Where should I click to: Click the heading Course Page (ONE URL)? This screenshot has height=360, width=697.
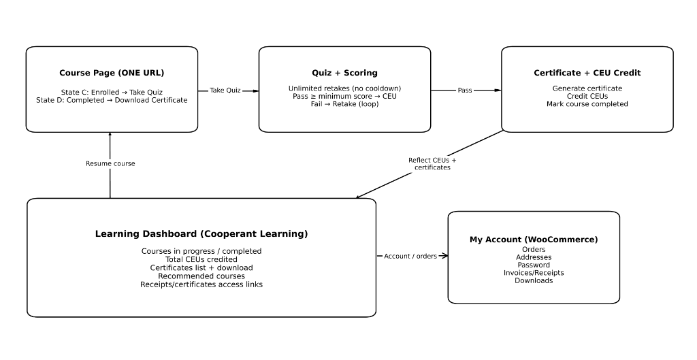(112, 73)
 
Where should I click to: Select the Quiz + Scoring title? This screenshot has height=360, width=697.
(344, 73)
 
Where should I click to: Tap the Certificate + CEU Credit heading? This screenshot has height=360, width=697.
(587, 73)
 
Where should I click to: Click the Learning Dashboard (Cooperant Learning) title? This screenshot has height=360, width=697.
(201, 234)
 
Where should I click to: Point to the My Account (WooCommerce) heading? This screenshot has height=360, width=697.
(534, 240)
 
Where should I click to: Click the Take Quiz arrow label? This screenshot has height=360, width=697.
(225, 91)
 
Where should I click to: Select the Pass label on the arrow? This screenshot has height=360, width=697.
(464, 91)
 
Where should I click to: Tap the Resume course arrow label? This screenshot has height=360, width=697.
(110, 164)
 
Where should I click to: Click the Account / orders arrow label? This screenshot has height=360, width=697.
(410, 257)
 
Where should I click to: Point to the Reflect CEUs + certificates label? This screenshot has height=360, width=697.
(432, 164)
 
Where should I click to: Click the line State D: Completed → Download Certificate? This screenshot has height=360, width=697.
(112, 100)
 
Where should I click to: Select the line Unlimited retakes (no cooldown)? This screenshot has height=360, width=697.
(344, 88)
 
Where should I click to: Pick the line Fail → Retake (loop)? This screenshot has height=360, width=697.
(344, 104)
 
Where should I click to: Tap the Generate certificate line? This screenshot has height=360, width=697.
(587, 88)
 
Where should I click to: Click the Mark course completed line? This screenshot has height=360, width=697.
(587, 104)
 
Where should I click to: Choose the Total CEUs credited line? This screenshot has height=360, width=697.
(201, 259)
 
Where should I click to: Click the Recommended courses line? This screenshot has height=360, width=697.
(201, 276)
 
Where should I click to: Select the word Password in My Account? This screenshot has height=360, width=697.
(534, 265)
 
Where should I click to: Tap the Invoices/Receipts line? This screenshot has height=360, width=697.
(534, 273)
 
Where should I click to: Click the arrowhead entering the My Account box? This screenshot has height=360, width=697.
(444, 256)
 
